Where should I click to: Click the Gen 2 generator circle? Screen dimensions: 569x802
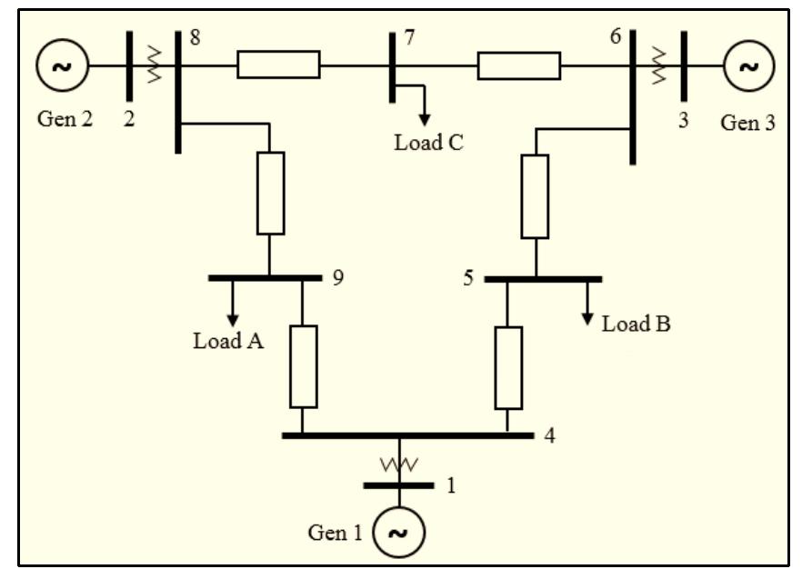coord(63,65)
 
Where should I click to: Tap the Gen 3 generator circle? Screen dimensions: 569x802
coord(748,65)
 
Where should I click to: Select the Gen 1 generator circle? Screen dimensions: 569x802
coord(398,533)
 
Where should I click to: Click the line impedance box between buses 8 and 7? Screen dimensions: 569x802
coord(278,65)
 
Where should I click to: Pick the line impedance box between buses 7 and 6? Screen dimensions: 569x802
coord(518,65)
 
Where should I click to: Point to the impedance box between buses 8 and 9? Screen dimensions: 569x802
coord(270,194)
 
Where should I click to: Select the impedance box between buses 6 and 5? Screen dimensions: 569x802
coord(535,196)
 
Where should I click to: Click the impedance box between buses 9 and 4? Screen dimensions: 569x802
coord(303,366)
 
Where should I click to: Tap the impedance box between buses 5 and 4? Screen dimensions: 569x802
coord(508,367)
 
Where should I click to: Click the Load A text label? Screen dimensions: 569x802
coord(228,342)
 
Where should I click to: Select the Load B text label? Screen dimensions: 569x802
coord(636,324)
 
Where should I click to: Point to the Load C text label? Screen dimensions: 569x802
coord(428,143)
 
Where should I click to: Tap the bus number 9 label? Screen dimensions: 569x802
coord(337,277)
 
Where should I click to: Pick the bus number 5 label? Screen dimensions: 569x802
coord(468,277)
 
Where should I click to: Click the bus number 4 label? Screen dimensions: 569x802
coord(549,435)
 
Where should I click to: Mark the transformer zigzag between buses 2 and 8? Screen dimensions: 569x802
coord(154,65)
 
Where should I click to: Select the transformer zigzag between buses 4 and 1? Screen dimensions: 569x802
coord(398,464)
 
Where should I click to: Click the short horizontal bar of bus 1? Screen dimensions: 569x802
coord(398,485)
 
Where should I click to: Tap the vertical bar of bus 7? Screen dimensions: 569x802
coord(391,67)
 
